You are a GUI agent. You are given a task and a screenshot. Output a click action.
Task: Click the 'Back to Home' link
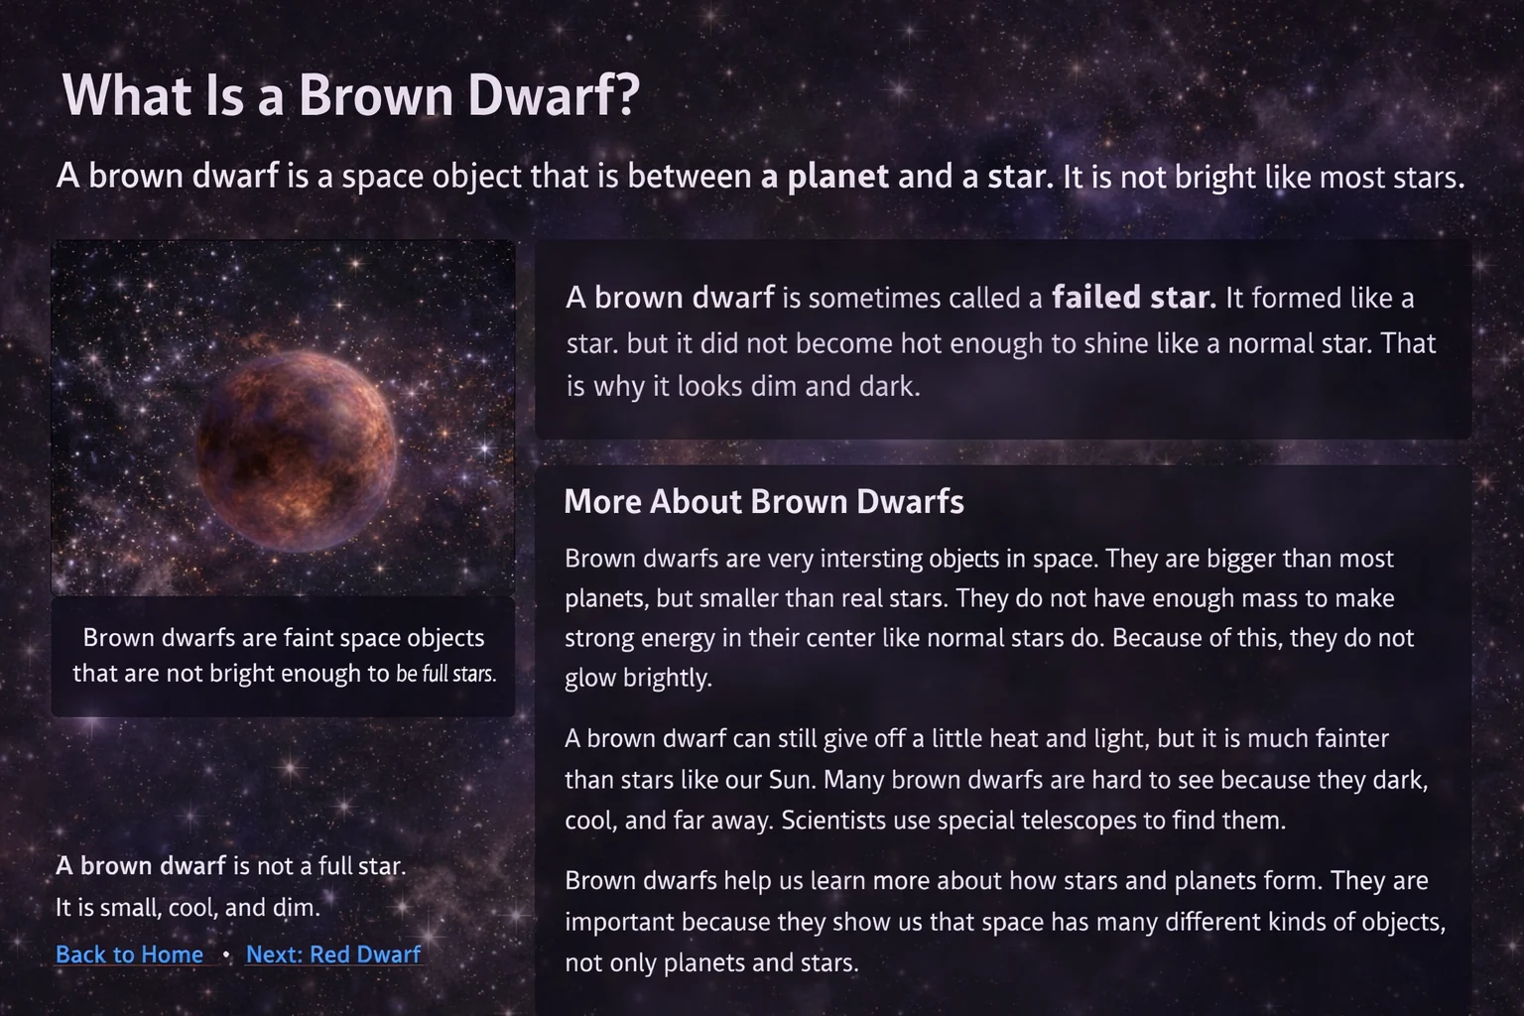pyautogui.click(x=129, y=954)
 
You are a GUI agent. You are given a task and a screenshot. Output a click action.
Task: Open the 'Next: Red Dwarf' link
pyautogui.click(x=333, y=954)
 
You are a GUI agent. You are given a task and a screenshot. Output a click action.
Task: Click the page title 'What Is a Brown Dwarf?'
pyautogui.click(x=350, y=95)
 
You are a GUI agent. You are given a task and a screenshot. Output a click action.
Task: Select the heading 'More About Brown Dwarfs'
pyautogui.click(x=763, y=502)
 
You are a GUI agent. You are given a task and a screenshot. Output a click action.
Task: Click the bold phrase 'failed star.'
pyautogui.click(x=1133, y=298)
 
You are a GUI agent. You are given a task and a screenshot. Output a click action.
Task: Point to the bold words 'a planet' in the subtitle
pyautogui.click(x=825, y=177)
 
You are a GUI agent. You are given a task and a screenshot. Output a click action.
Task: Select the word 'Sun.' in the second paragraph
pyautogui.click(x=793, y=780)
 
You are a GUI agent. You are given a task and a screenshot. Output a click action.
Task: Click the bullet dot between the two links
pyautogui.click(x=226, y=954)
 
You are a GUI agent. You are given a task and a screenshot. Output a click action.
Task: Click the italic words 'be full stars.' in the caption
pyautogui.click(x=445, y=675)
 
